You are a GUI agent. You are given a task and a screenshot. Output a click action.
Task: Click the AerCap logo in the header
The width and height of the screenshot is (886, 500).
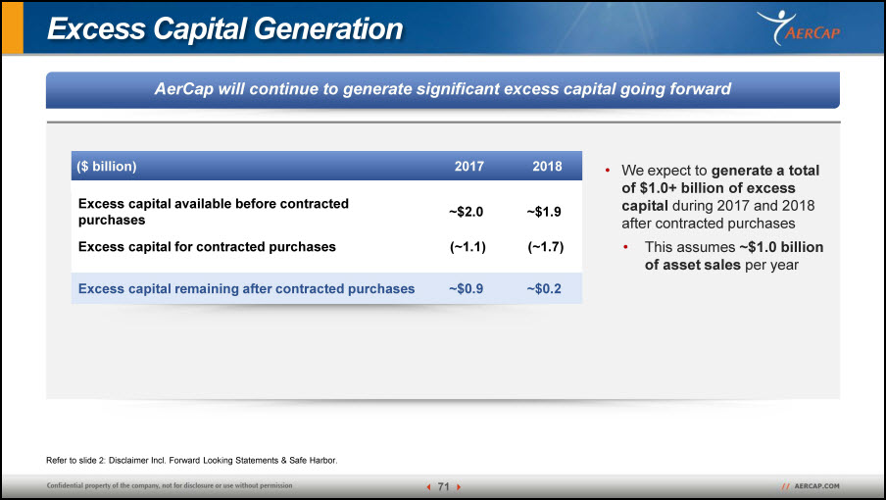pyautogui.click(x=799, y=27)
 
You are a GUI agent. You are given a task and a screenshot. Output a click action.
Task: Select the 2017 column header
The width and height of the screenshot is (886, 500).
pyautogui.click(x=469, y=166)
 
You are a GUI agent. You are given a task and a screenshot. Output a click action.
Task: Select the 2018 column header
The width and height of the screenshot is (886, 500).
pyautogui.click(x=547, y=166)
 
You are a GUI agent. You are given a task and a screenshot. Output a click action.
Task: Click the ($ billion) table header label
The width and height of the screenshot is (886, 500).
pyautogui.click(x=107, y=166)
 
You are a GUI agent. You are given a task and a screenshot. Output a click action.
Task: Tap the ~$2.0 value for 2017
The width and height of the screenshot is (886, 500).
pyautogui.click(x=467, y=212)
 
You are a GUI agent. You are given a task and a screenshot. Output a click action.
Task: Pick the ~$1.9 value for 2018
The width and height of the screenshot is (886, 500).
pyautogui.click(x=544, y=212)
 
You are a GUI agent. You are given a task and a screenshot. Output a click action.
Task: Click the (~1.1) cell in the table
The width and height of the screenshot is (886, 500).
pyautogui.click(x=468, y=247)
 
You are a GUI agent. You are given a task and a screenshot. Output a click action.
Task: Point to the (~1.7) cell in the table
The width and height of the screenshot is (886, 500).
pyautogui.click(x=546, y=247)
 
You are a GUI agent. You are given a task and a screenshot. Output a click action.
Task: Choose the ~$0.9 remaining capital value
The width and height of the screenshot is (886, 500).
pyautogui.click(x=467, y=288)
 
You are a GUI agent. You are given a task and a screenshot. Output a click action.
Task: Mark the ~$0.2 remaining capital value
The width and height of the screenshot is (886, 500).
pyautogui.click(x=544, y=288)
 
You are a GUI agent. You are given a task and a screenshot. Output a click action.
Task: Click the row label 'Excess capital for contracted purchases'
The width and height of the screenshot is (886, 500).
pyautogui.click(x=207, y=247)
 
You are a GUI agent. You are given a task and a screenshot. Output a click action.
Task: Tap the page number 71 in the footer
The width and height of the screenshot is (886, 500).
pyautogui.click(x=444, y=486)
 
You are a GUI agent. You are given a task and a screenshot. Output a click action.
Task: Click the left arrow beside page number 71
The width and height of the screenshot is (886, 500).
pyautogui.click(x=429, y=487)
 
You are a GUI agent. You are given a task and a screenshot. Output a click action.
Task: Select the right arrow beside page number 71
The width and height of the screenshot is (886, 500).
pyautogui.click(x=459, y=487)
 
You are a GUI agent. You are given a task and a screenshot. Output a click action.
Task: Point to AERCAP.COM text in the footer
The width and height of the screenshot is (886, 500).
pyautogui.click(x=816, y=486)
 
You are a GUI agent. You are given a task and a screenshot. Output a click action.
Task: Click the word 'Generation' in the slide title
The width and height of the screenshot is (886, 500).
pyautogui.click(x=328, y=28)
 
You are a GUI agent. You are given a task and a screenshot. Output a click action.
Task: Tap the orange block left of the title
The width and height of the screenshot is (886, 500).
pyautogui.click(x=13, y=27)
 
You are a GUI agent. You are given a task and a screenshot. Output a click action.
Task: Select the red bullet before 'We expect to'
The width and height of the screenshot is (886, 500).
pyautogui.click(x=608, y=170)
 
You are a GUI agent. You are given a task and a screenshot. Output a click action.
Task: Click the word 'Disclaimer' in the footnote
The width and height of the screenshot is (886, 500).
pyautogui.click(x=128, y=461)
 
